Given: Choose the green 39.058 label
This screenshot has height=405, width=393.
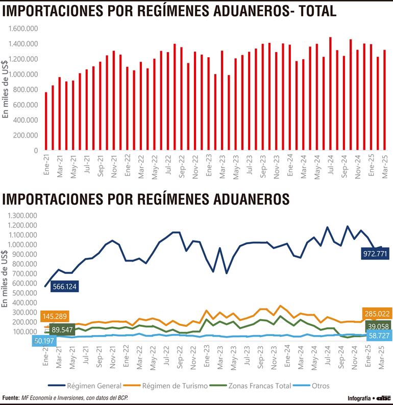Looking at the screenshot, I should [x=379, y=326].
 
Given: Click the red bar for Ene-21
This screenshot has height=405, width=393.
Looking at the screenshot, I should [x=46, y=122].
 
